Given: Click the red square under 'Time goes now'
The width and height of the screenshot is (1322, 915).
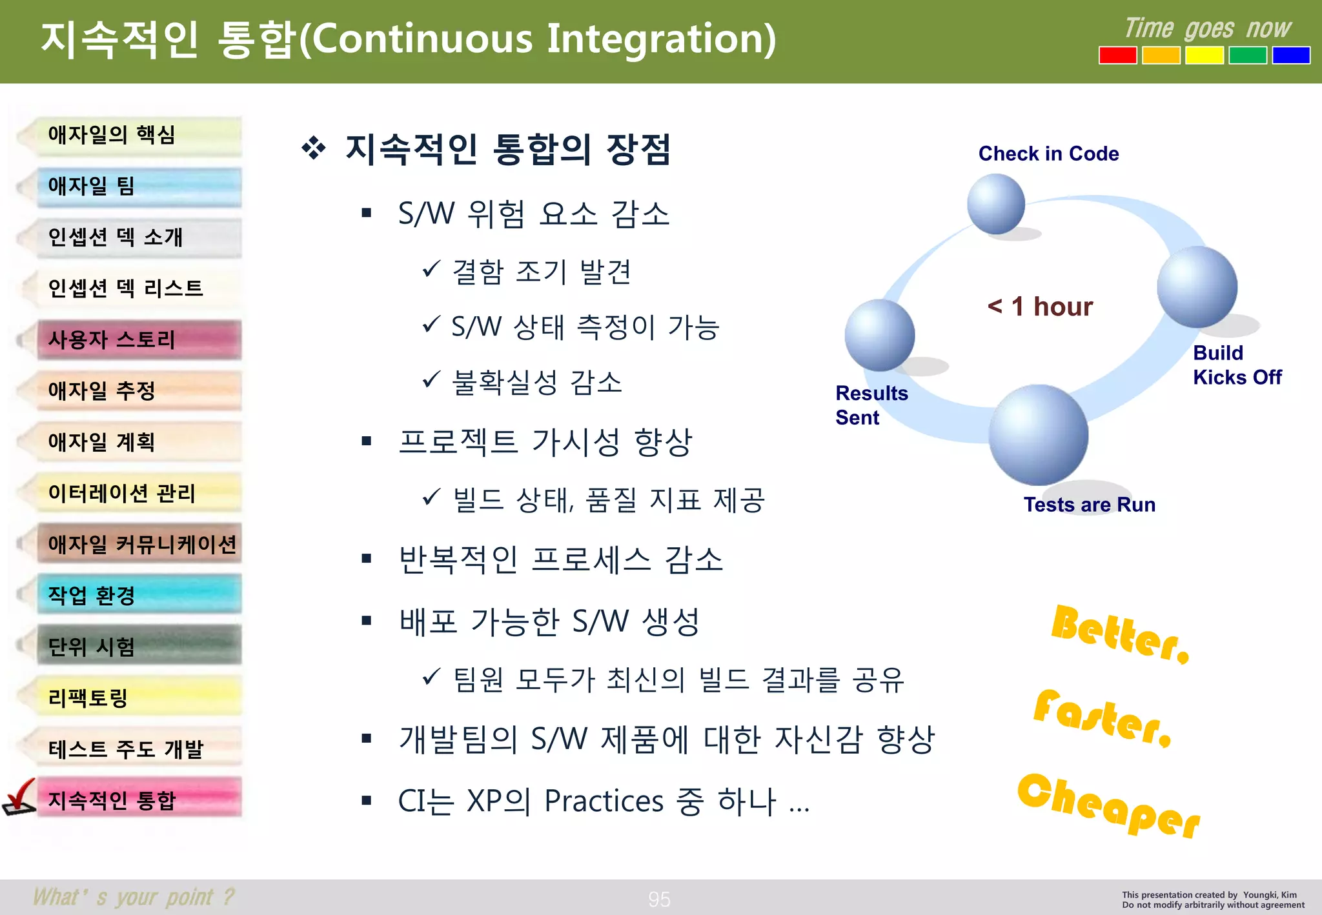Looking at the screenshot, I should (x=1117, y=55).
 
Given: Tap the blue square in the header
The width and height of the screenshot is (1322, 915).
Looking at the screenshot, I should (x=1290, y=55).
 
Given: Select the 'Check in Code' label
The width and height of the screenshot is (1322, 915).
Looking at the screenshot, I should (x=1048, y=154).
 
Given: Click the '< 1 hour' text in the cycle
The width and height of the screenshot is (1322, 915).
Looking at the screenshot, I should (x=1040, y=307).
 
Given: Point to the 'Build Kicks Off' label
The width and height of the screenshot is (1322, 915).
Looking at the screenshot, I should (x=1236, y=365).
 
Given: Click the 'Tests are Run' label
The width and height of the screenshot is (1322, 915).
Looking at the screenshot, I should (x=1089, y=505).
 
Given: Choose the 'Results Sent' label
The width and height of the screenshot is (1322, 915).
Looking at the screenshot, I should (x=871, y=405).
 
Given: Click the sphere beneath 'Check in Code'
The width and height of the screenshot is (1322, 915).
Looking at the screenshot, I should (x=996, y=203).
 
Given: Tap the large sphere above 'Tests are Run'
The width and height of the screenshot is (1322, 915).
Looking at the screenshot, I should (x=1038, y=434).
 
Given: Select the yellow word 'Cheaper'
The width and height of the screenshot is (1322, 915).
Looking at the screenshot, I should (x=1108, y=804).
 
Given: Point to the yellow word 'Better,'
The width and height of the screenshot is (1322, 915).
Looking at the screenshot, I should (x=1119, y=633).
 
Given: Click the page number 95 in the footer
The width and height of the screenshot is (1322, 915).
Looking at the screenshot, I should (x=659, y=899).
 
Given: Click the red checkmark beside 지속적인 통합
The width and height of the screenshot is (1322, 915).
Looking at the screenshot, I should (x=20, y=797).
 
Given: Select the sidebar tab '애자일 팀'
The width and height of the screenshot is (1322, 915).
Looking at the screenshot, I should (x=138, y=186).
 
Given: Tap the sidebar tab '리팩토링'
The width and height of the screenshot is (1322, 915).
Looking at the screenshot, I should (x=138, y=698).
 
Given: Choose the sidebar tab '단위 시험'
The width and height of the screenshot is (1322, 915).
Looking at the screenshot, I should (x=138, y=646).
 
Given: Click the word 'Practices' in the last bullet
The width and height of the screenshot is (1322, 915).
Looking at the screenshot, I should (x=604, y=801).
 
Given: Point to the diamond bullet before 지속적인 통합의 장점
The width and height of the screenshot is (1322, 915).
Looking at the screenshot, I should (x=314, y=148).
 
